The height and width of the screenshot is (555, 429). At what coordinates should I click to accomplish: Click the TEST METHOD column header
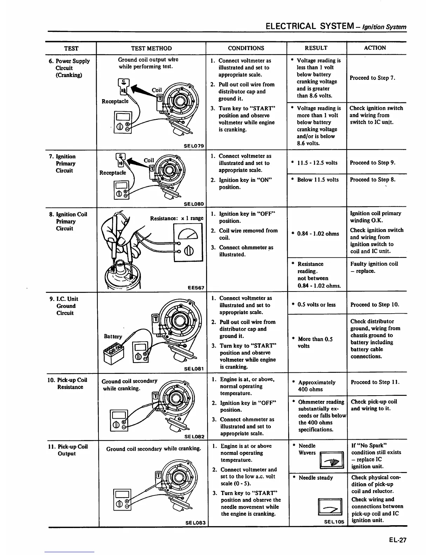pyautogui.click(x=151, y=48)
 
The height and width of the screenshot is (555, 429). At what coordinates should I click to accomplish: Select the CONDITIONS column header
pyautogui.click(x=246, y=48)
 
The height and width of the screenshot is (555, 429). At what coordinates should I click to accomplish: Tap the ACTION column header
pyautogui.click(x=375, y=48)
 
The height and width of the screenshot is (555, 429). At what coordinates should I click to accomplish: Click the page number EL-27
pyautogui.click(x=397, y=540)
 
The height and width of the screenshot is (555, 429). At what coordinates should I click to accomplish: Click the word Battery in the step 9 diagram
pyautogui.click(x=113, y=336)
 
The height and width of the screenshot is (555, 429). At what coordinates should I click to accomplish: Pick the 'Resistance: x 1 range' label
pyautogui.click(x=177, y=218)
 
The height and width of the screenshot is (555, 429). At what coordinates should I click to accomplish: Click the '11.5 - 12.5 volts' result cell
pyautogui.click(x=317, y=163)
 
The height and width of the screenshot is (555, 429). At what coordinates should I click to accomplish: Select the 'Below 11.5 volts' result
pyautogui.click(x=318, y=180)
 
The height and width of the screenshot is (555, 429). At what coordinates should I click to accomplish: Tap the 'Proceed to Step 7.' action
pyautogui.click(x=372, y=78)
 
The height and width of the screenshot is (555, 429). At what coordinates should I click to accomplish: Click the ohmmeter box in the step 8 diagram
pyautogui.click(x=188, y=242)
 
